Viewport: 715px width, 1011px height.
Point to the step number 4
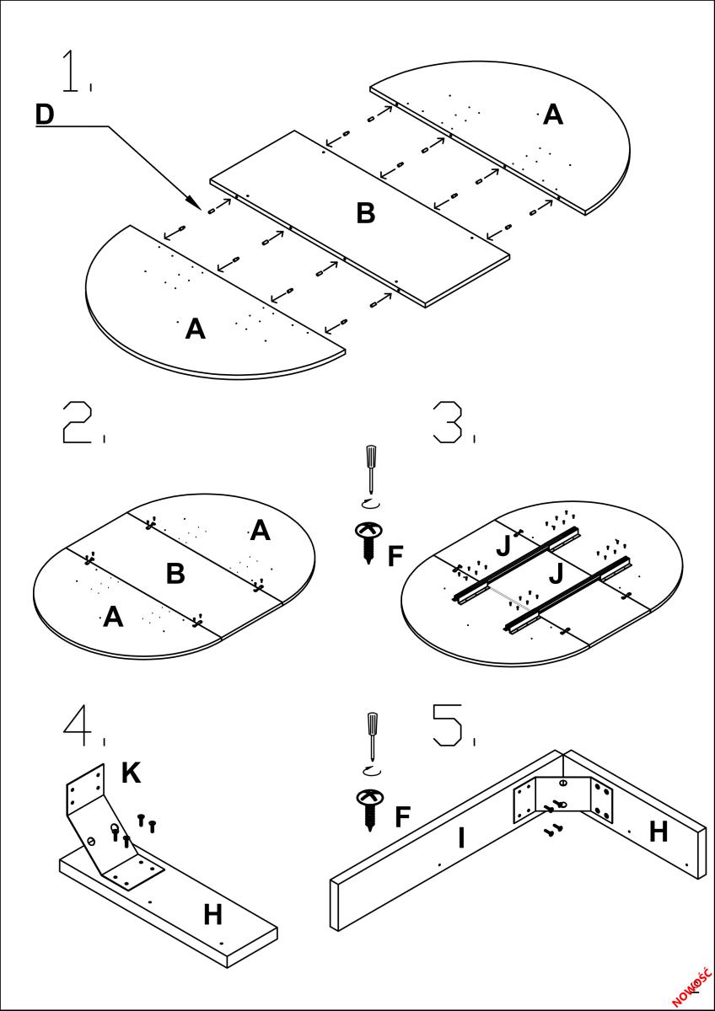[x=78, y=725]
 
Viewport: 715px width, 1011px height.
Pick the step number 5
[x=448, y=725]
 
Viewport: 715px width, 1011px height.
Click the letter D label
[x=45, y=115]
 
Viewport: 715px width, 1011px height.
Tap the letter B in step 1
[x=365, y=213]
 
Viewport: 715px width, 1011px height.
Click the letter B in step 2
[x=175, y=574]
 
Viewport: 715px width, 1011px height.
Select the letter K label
[x=131, y=773]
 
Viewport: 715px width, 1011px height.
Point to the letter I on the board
[x=461, y=838]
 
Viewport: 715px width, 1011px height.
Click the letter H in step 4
[x=212, y=914]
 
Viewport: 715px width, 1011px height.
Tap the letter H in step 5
[x=659, y=832]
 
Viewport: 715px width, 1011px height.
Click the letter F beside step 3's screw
[x=395, y=556]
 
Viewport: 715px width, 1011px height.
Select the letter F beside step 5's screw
[x=403, y=816]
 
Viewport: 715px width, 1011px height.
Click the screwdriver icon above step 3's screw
[x=369, y=472]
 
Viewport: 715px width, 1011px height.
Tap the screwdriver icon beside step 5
[x=371, y=737]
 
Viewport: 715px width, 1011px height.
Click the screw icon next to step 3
[x=369, y=541]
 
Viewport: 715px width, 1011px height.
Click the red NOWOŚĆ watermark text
[x=692, y=985]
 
